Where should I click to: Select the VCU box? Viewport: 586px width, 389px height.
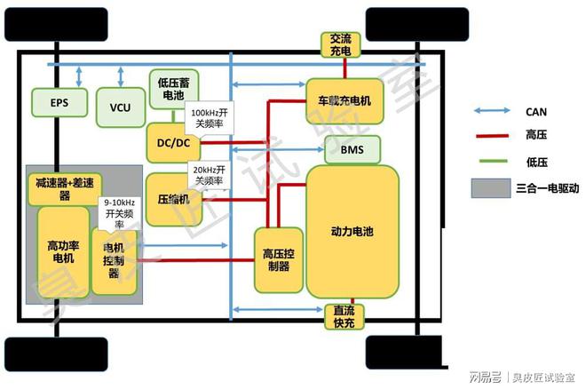click(x=120, y=107)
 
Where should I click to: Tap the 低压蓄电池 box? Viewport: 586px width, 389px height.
click(x=174, y=88)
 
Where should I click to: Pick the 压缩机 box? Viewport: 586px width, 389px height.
click(x=172, y=198)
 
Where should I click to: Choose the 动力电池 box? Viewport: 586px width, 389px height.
click(x=352, y=231)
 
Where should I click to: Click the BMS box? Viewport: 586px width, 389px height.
click(x=352, y=148)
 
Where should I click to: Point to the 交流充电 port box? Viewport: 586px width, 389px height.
click(x=340, y=44)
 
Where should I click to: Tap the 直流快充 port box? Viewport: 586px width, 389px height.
click(x=343, y=315)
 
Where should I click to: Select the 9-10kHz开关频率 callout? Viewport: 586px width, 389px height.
click(x=119, y=213)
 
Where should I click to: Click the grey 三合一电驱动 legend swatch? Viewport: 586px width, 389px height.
click(x=490, y=187)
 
